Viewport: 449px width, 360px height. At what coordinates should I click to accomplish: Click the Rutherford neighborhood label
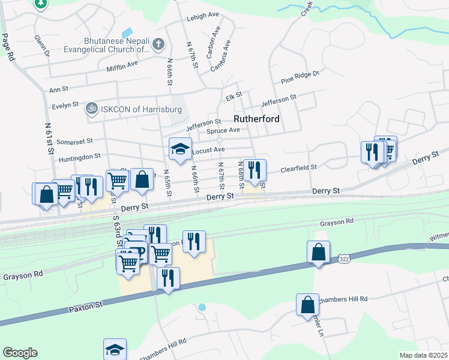[256, 119]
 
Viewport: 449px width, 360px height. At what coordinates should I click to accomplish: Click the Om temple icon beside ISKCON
[91, 109]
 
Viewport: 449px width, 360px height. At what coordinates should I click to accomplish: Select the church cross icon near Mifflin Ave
[158, 44]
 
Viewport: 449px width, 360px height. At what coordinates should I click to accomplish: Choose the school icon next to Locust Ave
[179, 150]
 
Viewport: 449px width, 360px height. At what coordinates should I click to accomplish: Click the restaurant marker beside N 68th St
[255, 171]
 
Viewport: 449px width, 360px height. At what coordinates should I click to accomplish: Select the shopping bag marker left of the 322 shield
[318, 252]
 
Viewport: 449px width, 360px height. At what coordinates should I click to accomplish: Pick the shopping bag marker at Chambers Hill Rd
[307, 304]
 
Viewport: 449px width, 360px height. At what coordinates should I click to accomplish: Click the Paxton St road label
[86, 306]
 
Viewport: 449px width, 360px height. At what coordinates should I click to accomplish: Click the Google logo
[20, 352]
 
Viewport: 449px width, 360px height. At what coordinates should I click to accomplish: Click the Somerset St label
[71, 141]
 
